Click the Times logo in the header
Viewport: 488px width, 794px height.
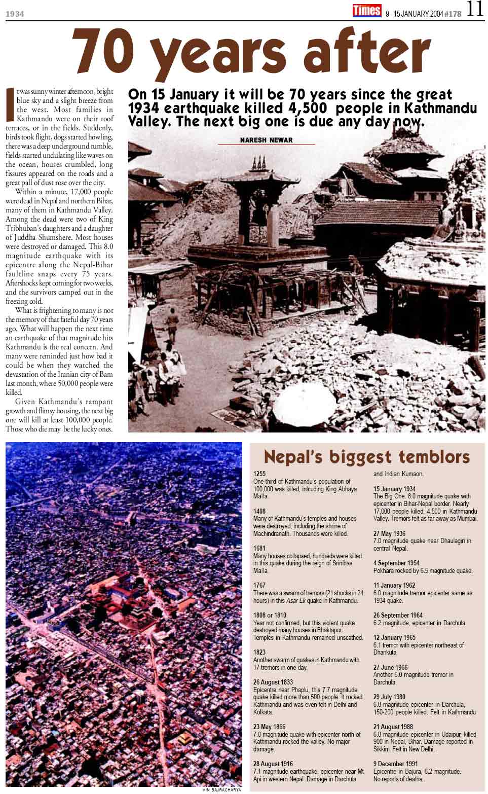coord(367,10)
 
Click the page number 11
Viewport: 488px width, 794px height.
coord(475,9)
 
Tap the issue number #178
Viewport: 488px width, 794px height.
coord(453,14)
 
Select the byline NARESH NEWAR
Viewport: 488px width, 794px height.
coord(267,140)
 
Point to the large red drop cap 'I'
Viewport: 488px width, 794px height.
coord(10,104)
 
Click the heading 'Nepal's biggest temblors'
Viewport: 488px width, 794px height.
coord(367,456)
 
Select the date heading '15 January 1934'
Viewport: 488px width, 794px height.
coord(394,489)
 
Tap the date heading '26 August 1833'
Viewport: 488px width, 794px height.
coord(273,682)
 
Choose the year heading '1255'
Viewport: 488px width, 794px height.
coord(259,474)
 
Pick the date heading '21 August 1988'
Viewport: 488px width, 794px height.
coord(393,727)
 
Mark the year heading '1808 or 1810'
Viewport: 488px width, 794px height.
coord(270,615)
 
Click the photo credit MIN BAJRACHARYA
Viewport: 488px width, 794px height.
coord(222,790)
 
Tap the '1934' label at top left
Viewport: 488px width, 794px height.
coord(15,14)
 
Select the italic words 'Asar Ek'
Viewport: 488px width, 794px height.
coord(296,600)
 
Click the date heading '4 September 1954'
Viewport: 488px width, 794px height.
coord(396,563)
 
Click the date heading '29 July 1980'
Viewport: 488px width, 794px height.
coord(389,697)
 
